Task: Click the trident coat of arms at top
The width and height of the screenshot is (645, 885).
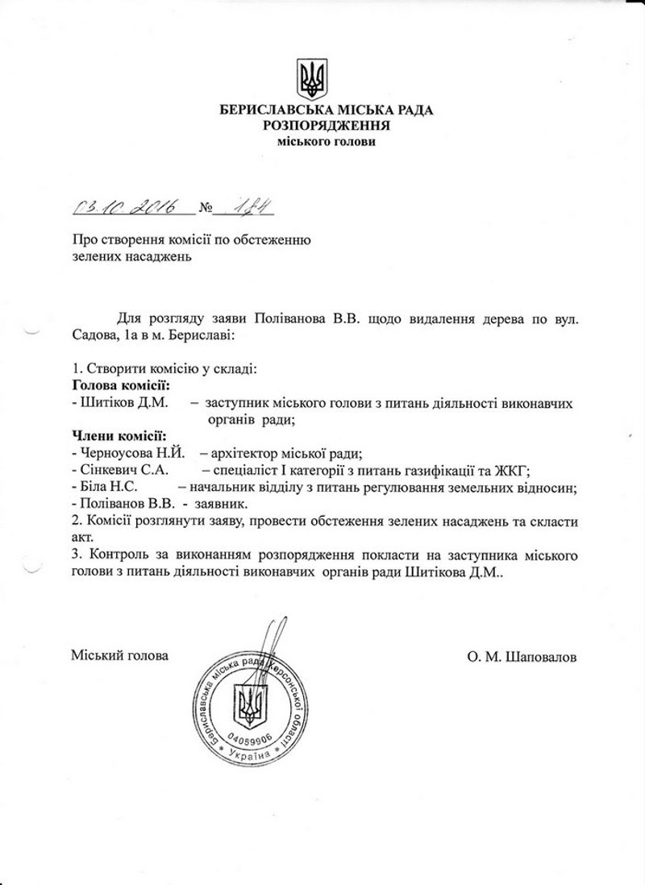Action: (x=314, y=77)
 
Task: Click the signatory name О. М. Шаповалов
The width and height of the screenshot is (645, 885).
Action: (x=522, y=656)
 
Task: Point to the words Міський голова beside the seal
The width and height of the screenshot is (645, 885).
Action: (x=120, y=656)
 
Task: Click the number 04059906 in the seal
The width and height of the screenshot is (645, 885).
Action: (x=252, y=737)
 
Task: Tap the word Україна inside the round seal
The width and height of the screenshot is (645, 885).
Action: (x=252, y=754)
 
